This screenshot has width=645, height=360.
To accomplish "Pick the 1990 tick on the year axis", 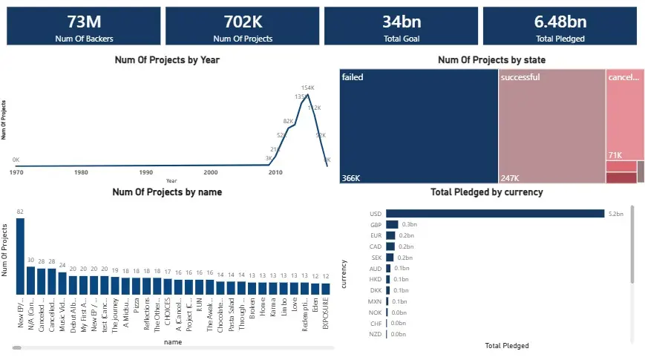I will point(146,172).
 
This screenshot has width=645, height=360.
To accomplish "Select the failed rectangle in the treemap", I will point(418,126).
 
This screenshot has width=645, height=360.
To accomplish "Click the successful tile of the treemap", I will point(551,126).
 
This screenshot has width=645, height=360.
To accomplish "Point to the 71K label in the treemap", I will point(615,155).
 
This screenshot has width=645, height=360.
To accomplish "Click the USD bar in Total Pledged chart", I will point(495,214).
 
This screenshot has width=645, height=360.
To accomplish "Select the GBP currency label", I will point(376,224).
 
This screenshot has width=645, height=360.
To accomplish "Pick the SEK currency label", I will point(376,258).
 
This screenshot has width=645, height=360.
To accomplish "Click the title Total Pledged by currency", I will point(486,192).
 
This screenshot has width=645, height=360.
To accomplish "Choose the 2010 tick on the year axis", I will point(275,172).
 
